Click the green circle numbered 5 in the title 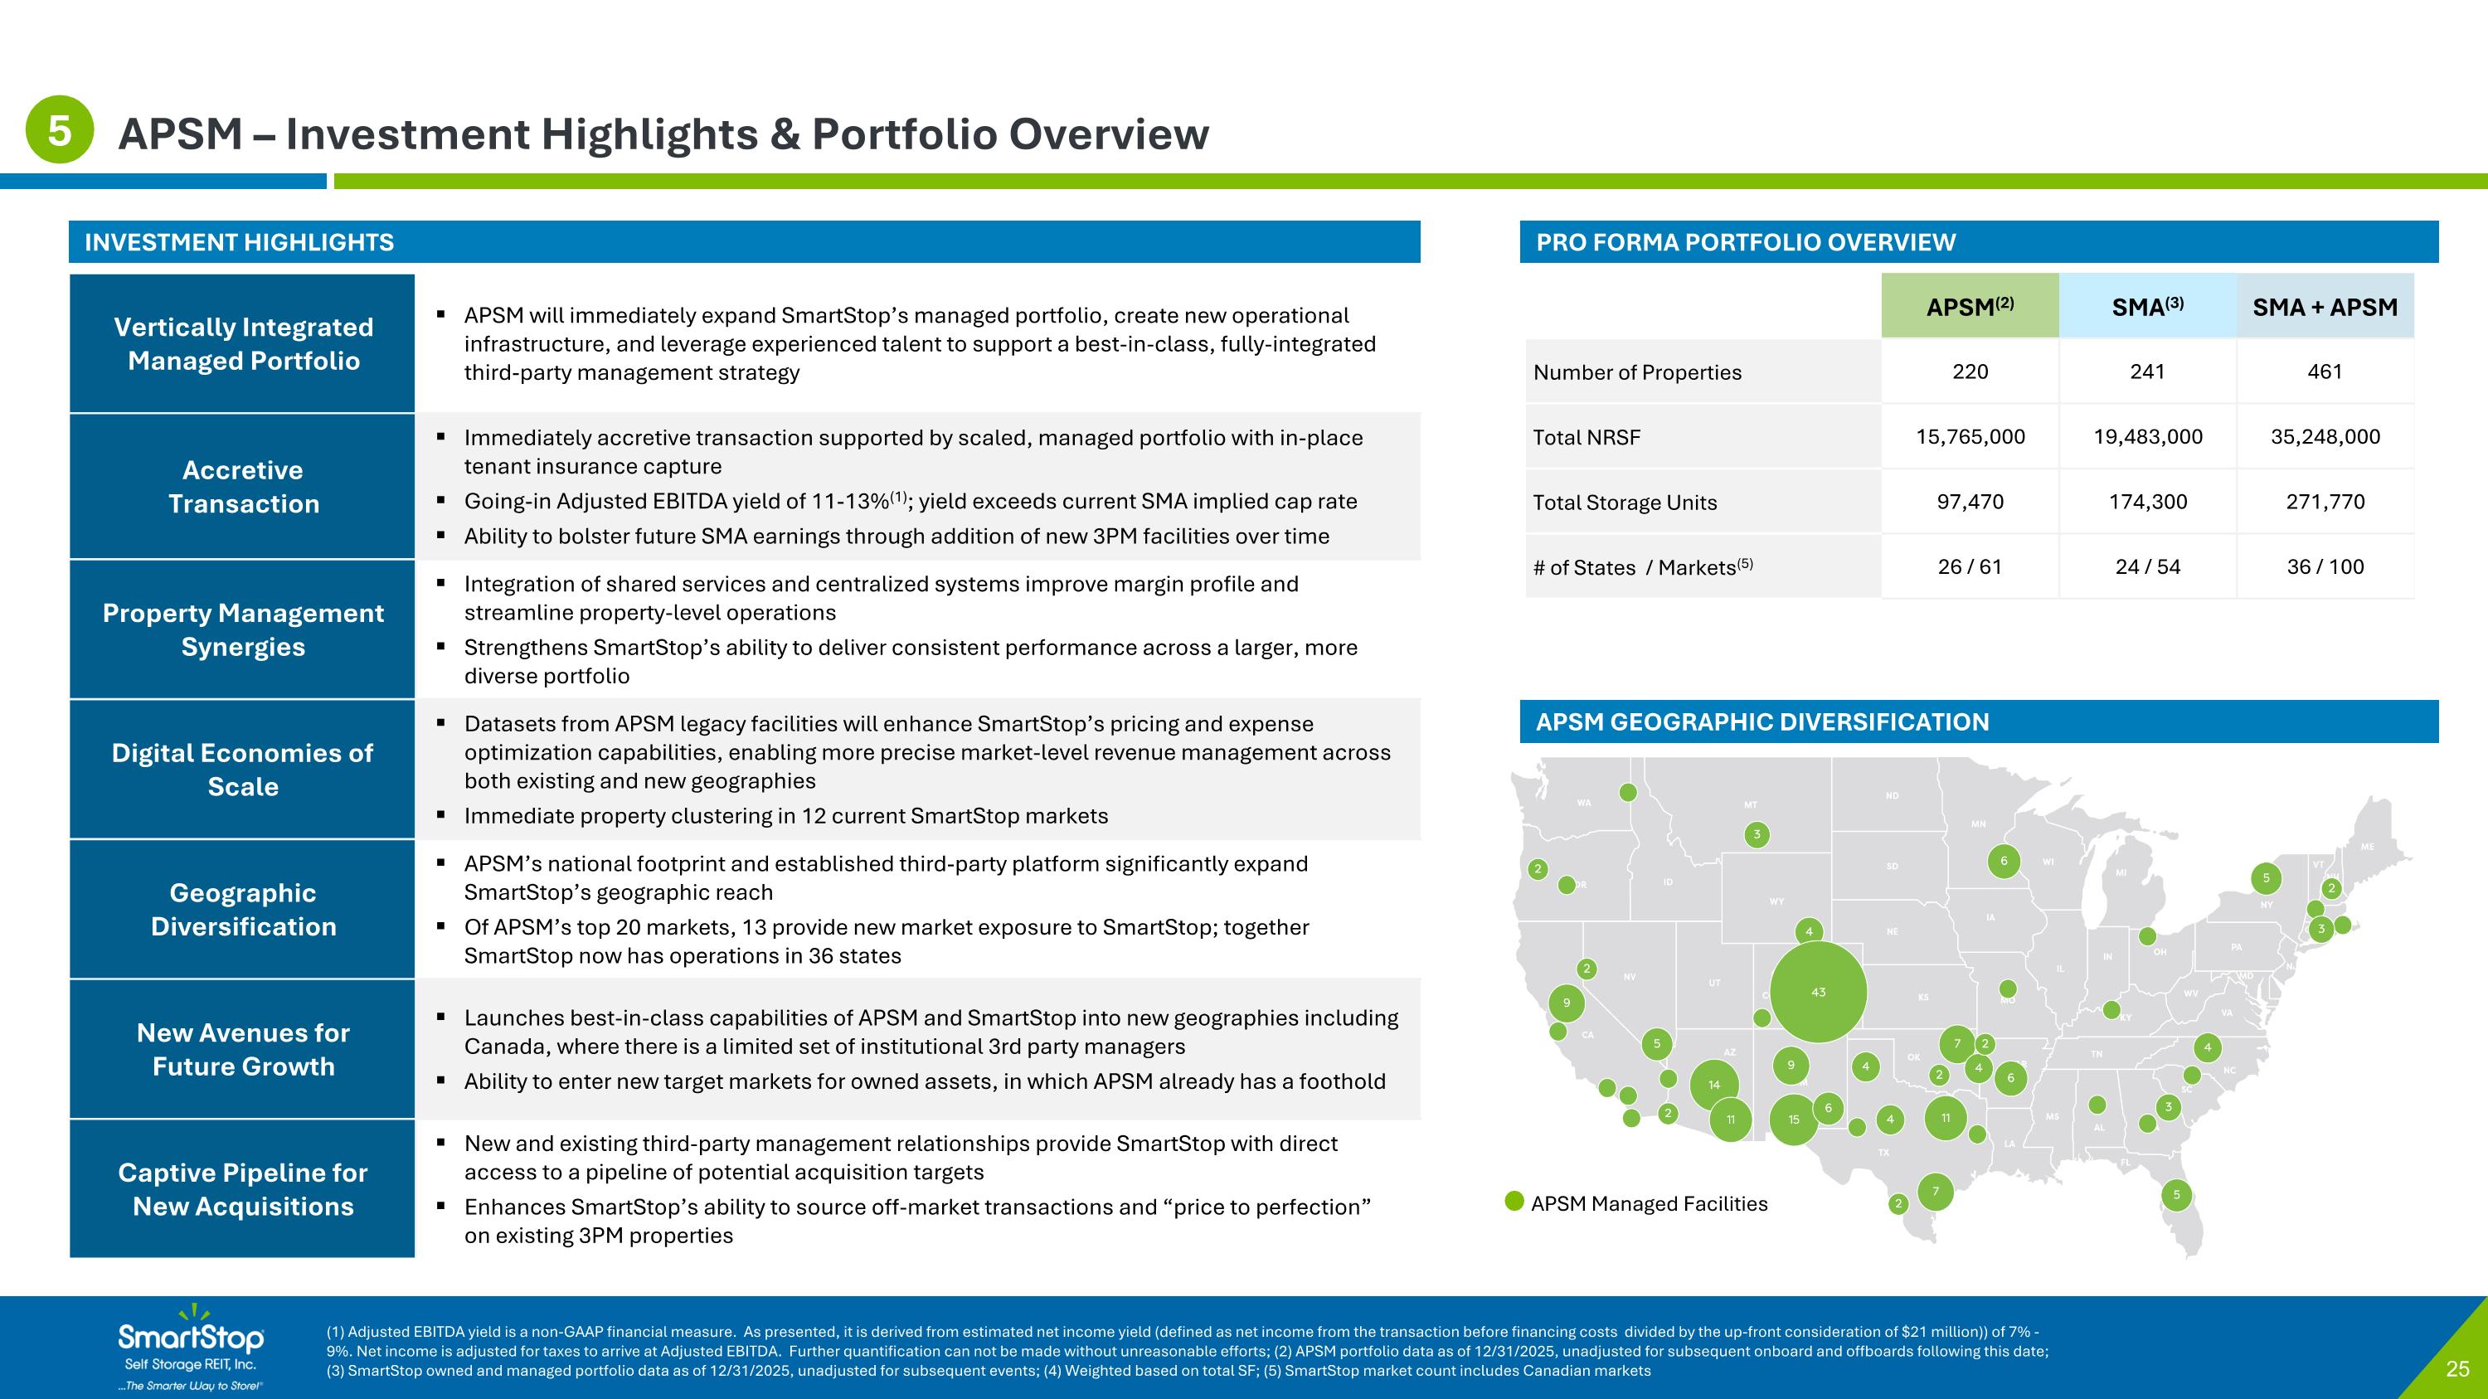[x=59, y=129]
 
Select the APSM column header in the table [x=1970, y=307]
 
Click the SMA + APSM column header [x=2325, y=307]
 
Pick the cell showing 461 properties [x=2325, y=372]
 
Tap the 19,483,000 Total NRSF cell [x=2147, y=436]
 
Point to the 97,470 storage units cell [x=1970, y=501]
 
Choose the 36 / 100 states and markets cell [x=2325, y=566]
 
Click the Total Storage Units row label [x=1625, y=502]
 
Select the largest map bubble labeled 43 [x=1818, y=992]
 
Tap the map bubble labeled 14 [x=1713, y=1084]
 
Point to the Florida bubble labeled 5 [x=2176, y=1194]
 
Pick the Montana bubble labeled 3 [x=1757, y=834]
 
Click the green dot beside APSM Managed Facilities [x=1514, y=1201]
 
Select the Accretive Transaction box [x=242, y=487]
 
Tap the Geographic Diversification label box [x=242, y=910]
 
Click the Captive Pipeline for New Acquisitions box [x=242, y=1188]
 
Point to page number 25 [x=2457, y=1369]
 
